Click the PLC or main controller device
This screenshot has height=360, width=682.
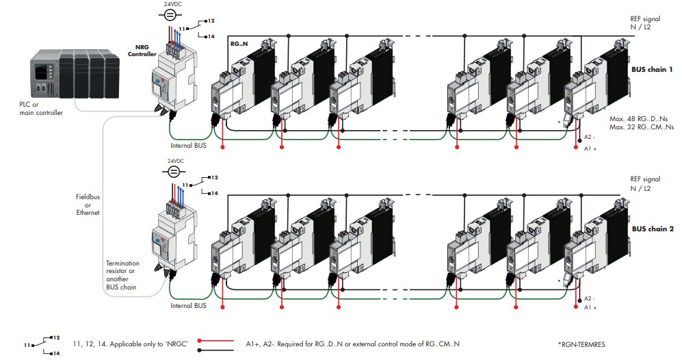pyautogui.click(x=65, y=75)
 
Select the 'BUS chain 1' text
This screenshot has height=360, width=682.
pyautogui.click(x=653, y=70)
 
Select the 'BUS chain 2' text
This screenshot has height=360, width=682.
pyautogui.click(x=653, y=229)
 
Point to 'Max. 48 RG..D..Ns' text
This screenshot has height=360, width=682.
pyautogui.click(x=641, y=119)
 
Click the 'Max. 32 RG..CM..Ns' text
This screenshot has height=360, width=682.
pyautogui.click(x=641, y=127)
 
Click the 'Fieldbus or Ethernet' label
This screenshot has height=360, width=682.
pyautogui.click(x=88, y=204)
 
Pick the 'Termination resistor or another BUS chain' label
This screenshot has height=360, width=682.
pyautogui.click(x=121, y=275)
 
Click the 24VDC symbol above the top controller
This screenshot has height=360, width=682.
pyautogui.click(x=173, y=14)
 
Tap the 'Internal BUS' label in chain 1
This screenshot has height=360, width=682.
pyautogui.click(x=189, y=146)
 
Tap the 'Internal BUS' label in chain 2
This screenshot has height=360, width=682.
pyautogui.click(x=189, y=305)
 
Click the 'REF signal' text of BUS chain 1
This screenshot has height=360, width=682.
pyautogui.click(x=645, y=19)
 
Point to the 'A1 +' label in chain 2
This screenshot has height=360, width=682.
pyautogui.click(x=590, y=308)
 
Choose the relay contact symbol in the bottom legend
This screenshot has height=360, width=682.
pyautogui.click(x=42, y=344)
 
